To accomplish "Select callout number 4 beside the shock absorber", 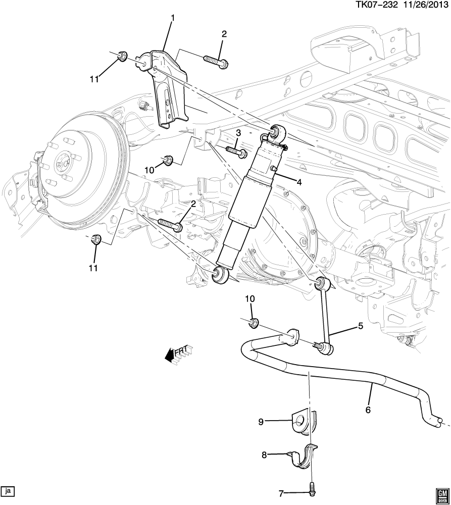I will pyautogui.click(x=299, y=182).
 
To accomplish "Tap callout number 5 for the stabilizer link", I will pyautogui.click(x=361, y=326).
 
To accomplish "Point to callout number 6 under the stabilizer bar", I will pyautogui.click(x=368, y=410).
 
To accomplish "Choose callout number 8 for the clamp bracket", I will pyautogui.click(x=264, y=454).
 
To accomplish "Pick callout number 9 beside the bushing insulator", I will pyautogui.click(x=261, y=422).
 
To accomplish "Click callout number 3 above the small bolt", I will pyautogui.click(x=238, y=132).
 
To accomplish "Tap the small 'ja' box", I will pyautogui.click(x=8, y=490).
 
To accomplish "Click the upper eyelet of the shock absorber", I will pyautogui.click(x=277, y=133).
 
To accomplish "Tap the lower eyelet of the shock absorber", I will pyautogui.click(x=221, y=274).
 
